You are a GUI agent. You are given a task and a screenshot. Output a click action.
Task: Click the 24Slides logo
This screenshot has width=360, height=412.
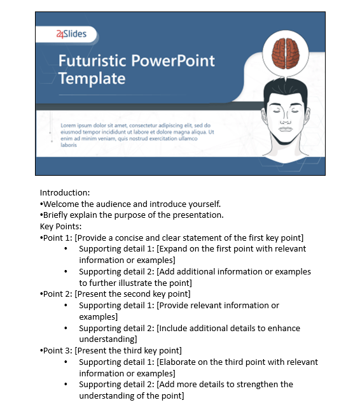click(x=71, y=34)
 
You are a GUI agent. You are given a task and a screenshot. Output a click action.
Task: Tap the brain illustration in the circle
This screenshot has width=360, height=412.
click(x=286, y=53)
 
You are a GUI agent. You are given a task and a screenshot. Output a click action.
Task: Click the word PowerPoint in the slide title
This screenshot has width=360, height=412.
click(x=173, y=61)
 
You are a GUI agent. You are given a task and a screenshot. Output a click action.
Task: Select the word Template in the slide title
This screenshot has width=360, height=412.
click(x=92, y=78)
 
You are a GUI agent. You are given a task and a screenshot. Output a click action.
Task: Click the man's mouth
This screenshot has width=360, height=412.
click(x=286, y=129)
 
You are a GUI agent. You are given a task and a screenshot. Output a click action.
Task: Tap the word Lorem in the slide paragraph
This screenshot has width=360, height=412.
click(x=68, y=125)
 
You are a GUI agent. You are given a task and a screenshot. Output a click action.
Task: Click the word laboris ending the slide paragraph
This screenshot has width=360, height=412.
click(x=69, y=145)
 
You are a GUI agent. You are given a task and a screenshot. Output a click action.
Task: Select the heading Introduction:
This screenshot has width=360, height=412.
click(x=65, y=192)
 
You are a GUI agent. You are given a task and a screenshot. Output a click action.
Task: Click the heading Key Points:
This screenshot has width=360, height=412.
click(x=60, y=227)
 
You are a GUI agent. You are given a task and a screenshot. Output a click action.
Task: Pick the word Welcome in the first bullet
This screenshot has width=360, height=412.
click(x=61, y=204)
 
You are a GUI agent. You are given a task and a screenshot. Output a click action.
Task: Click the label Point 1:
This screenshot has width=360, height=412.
click(x=57, y=238)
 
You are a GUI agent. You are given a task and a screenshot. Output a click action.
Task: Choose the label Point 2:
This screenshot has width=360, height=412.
click(x=57, y=294)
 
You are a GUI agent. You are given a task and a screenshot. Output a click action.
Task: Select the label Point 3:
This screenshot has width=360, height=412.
click(x=57, y=350)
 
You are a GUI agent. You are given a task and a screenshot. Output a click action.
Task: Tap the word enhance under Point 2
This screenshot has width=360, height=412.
click(x=284, y=328)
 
